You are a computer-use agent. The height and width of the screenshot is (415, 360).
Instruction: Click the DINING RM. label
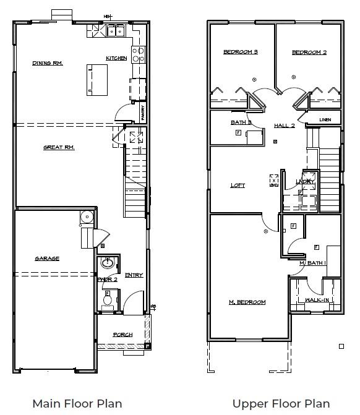pyautogui.click(x=48, y=63)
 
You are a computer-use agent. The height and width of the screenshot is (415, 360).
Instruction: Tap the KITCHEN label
pyautogui.click(x=116, y=58)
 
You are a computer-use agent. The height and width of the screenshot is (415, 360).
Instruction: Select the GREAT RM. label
pyautogui.click(x=59, y=147)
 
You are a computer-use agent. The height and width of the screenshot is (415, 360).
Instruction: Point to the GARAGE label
pyautogui.click(x=47, y=259)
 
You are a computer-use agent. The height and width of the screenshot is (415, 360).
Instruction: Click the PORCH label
pyautogui.click(x=122, y=335)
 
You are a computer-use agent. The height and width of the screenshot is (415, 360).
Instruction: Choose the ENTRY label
pyautogui.click(x=134, y=275)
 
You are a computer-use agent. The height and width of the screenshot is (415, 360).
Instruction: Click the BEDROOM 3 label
pyautogui.click(x=241, y=52)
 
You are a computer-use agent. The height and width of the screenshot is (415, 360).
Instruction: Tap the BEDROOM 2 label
pyautogui.click(x=309, y=52)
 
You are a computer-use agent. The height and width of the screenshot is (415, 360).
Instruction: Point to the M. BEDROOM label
pyautogui.click(x=247, y=302)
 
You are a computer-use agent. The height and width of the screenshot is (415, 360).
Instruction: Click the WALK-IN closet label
pyautogui.click(x=317, y=301)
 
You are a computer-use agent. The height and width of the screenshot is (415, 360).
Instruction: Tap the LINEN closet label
pyautogui.click(x=325, y=119)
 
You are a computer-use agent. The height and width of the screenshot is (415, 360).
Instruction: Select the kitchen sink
pyautogui.click(x=116, y=30)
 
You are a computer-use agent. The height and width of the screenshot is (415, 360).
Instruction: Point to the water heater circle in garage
pyautogui.click(x=86, y=216)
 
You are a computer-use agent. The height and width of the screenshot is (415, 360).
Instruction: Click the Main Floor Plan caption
pyautogui.click(x=77, y=403)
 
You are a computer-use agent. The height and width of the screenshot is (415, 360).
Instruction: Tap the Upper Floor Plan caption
pyautogui.click(x=281, y=403)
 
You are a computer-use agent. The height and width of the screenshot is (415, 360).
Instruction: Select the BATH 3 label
pyautogui.click(x=241, y=122)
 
